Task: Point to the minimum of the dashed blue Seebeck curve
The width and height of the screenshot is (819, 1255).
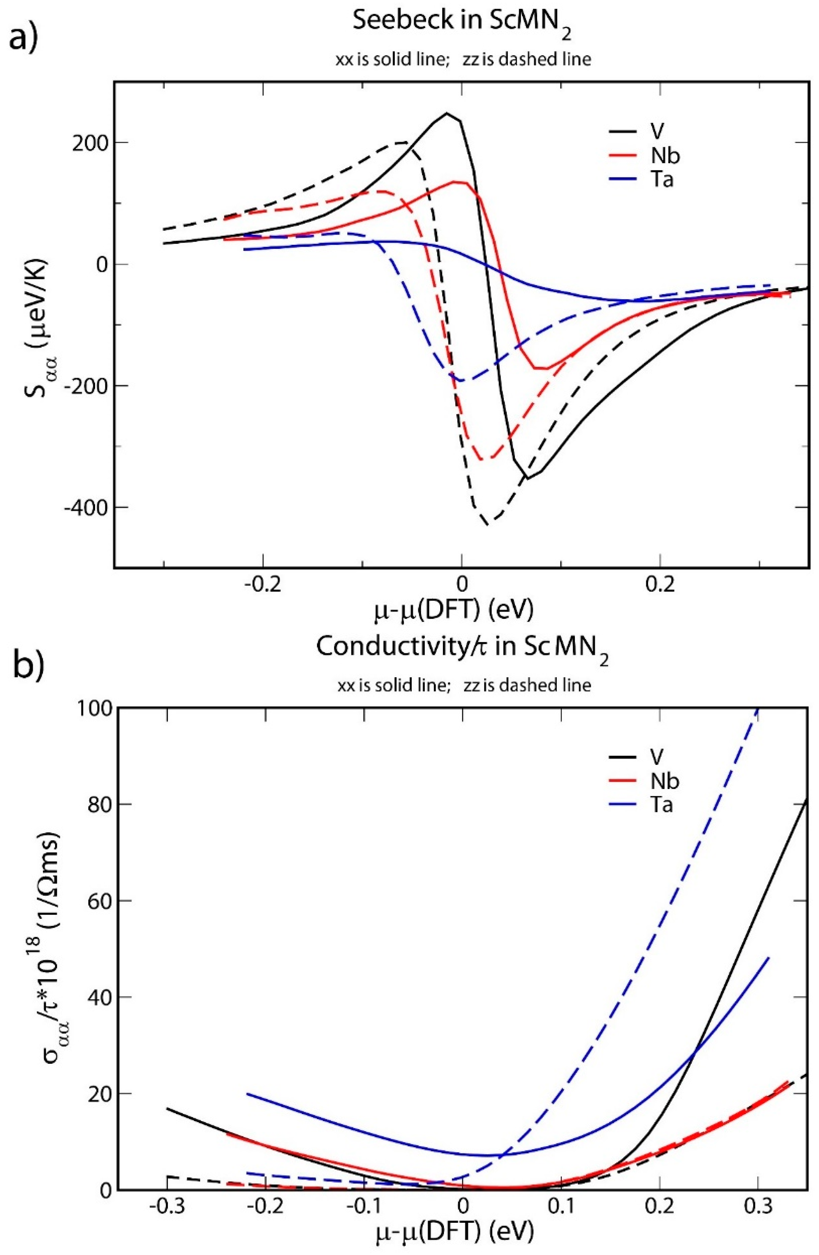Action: [461, 380]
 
